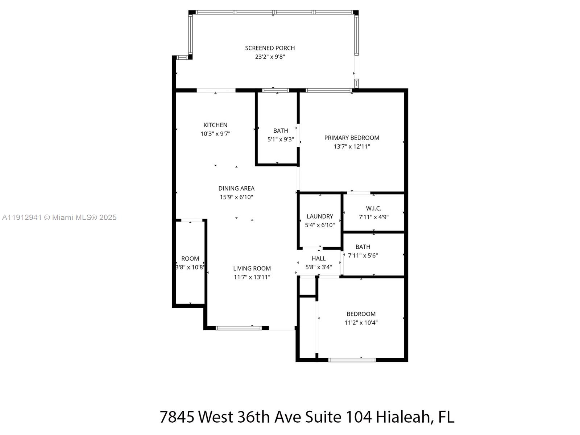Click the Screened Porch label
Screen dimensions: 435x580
[x=270, y=48]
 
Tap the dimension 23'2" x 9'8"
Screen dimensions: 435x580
[x=270, y=57]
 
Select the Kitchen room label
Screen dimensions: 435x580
[x=215, y=125]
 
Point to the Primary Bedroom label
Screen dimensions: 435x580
[x=352, y=138]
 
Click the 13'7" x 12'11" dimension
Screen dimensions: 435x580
[x=352, y=146]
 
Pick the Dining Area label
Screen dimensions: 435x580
[x=236, y=188]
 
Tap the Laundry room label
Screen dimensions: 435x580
[x=320, y=216]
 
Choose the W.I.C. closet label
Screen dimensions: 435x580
[x=373, y=208]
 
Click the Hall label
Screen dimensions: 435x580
[x=319, y=258]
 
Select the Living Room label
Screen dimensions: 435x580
[x=252, y=269]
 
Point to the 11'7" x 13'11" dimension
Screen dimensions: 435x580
[x=252, y=277]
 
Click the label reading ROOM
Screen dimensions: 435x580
[x=190, y=258]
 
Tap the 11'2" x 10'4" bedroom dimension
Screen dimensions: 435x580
[x=361, y=323]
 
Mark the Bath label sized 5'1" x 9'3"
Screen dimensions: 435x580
[x=281, y=131]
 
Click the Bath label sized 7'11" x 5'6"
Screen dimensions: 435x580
[x=363, y=247]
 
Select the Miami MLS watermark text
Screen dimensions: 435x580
[x=59, y=217]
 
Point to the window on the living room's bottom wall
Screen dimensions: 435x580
[x=238, y=328]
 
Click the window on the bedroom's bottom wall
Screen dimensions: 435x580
[x=352, y=360]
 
